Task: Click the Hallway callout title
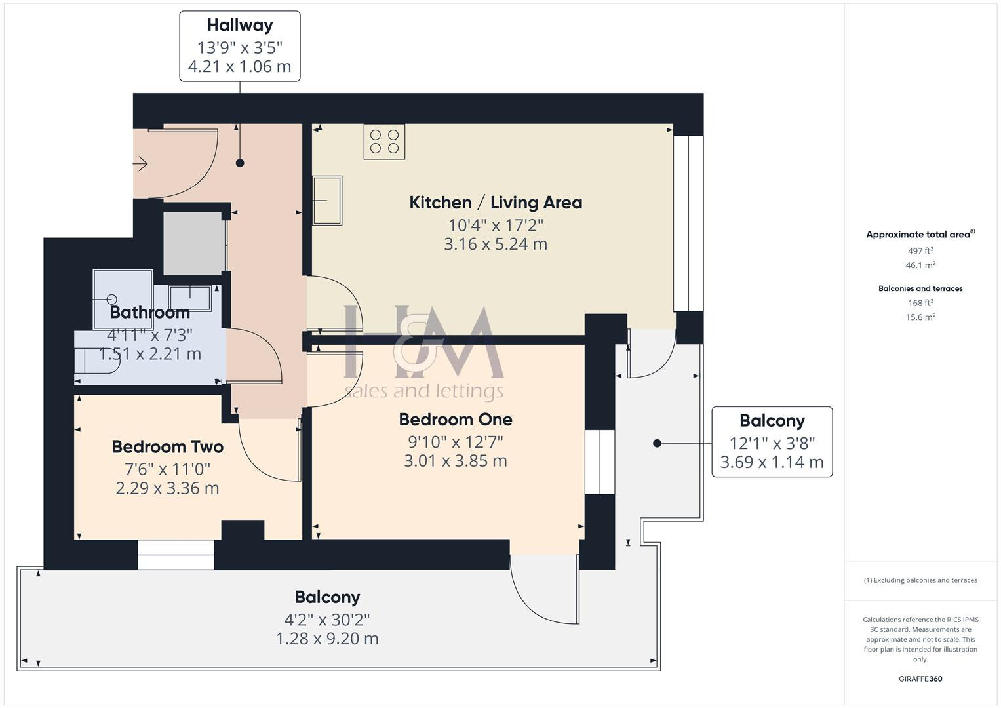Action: pos(239,25)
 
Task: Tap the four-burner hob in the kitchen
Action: pos(384,142)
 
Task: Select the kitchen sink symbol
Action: pos(327,200)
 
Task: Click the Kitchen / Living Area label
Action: pos(496,203)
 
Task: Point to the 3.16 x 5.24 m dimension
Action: pos(496,244)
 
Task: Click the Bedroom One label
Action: pos(456,420)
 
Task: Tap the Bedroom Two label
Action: pos(168,447)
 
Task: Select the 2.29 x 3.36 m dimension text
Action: pos(168,488)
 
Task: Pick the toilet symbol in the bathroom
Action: pos(96,360)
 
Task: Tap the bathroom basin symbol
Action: pos(191,298)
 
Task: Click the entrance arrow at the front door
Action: pos(140,163)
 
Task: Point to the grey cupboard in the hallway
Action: pos(193,243)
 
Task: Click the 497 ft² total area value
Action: pos(920,251)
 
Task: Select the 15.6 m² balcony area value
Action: pos(920,317)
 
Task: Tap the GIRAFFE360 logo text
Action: pos(920,678)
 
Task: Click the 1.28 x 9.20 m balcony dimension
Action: pos(327,639)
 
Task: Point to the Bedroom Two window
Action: pos(176,555)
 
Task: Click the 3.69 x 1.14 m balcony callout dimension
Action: pos(772,462)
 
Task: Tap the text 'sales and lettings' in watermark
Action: pos(424,391)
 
